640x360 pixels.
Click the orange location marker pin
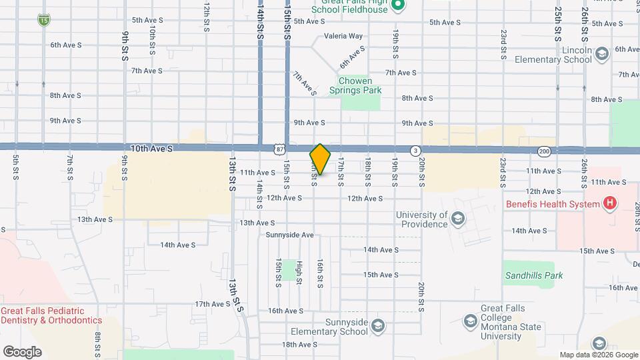pyautogui.click(x=320, y=159)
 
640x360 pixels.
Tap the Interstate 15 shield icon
pyautogui.click(x=43, y=21)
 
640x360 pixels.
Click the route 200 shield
pyautogui.click(x=544, y=151)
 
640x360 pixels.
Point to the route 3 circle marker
pyautogui.click(x=415, y=151)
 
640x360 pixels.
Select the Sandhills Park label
pyautogui.click(x=533, y=275)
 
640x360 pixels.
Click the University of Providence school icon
pyautogui.click(x=457, y=219)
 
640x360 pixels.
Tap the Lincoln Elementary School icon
pyautogui.click(x=602, y=54)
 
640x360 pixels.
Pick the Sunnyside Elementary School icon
pyautogui.click(x=378, y=325)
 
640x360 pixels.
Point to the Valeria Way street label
pyautogui.click(x=343, y=37)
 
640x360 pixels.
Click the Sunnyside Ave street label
pyautogui.click(x=289, y=235)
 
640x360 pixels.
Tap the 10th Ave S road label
pyautogui.click(x=152, y=150)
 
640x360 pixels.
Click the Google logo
pyautogui.click(x=22, y=351)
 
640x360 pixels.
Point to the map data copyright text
pyautogui.click(x=598, y=355)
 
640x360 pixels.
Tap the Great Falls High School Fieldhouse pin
pyautogui.click(x=398, y=6)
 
